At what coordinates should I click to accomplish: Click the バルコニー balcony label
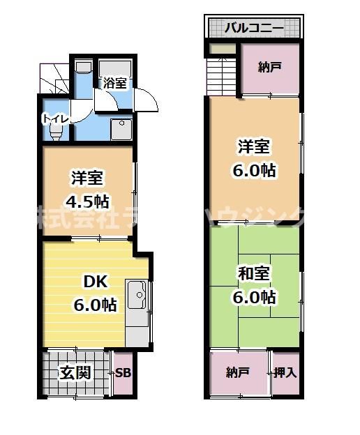pos(253,29)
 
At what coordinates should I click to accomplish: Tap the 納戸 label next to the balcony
pos(269,68)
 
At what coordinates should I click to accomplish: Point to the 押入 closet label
pos(285,372)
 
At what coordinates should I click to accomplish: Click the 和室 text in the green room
pos(253,272)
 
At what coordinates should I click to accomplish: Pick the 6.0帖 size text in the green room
pos(253,297)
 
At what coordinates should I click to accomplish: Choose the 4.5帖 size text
pos(89,201)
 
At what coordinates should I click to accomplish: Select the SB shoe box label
pos(123,372)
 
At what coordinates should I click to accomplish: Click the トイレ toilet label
pos(56,119)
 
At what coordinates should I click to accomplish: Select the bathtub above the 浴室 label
pos(116,68)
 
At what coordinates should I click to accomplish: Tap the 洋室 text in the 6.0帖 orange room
pos(253,147)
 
